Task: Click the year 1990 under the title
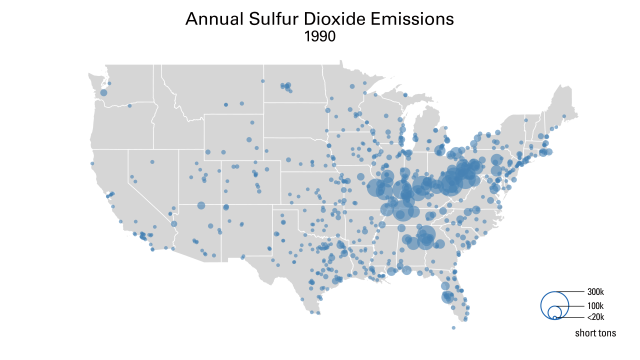[x=320, y=36]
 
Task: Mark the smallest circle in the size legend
[x=554, y=317]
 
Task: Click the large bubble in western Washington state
[x=103, y=92]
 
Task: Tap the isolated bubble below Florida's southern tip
[x=453, y=327]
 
